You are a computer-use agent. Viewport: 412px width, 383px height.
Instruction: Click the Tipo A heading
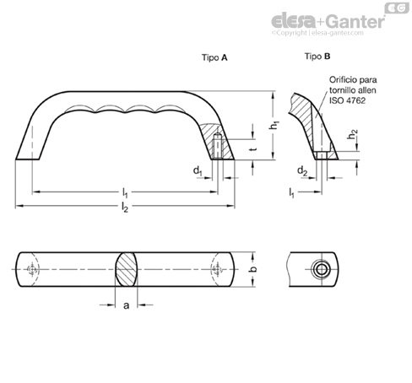coord(214,57)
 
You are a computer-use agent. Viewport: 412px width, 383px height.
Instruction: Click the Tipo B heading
coord(317,57)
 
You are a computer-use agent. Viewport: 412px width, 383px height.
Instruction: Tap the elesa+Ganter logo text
coord(328,21)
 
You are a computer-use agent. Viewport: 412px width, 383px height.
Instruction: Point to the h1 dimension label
coord(274,125)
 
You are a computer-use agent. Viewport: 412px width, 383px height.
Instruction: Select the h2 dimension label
coord(352,134)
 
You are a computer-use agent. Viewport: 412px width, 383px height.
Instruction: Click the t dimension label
coord(253,148)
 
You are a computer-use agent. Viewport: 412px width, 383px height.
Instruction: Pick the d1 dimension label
coord(198,170)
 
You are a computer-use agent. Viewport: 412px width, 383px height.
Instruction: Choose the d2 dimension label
coord(302,170)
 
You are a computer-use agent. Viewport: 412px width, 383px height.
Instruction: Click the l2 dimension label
coord(125,207)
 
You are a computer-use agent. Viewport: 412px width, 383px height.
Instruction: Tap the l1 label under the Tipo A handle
coord(125,193)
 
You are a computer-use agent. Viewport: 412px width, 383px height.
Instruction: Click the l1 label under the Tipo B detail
coord(291,193)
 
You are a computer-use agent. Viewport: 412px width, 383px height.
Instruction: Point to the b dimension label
coord(253,269)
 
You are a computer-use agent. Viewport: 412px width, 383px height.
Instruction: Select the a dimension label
coord(127,305)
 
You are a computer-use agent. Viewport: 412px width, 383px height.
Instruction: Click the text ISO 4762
coord(347,100)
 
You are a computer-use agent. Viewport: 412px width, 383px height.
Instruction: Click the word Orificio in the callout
coord(340,80)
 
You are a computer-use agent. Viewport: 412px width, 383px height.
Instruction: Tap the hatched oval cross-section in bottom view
coord(127,269)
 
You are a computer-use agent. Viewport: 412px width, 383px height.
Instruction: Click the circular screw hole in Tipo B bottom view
coord(321,269)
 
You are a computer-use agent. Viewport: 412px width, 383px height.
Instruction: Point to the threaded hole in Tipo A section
coord(217,147)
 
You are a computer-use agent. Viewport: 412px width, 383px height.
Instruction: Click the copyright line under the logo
coord(317,33)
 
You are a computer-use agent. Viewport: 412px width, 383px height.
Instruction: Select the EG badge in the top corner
coord(397,8)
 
